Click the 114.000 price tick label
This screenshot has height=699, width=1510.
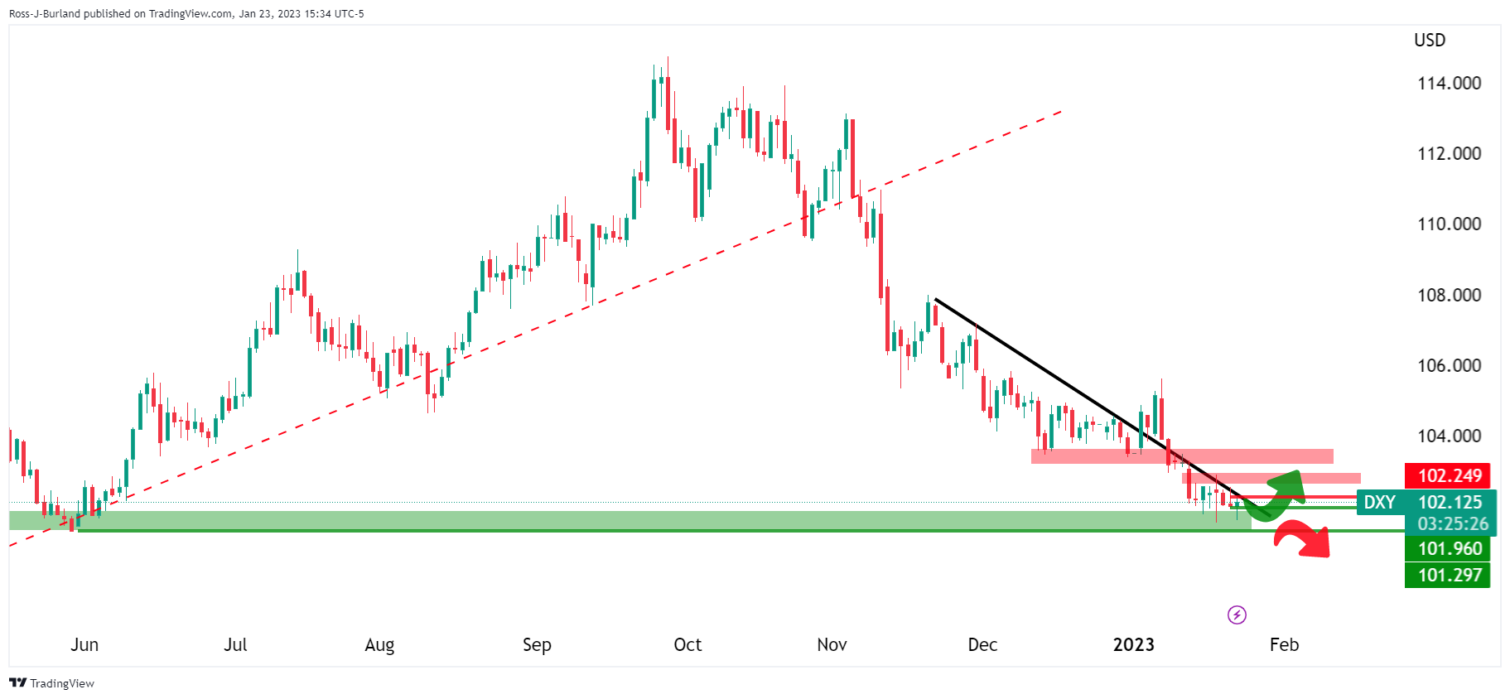1449,83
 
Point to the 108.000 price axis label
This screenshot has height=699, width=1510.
1449,295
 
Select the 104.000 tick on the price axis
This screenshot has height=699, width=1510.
1449,436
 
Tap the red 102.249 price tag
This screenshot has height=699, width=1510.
1449,475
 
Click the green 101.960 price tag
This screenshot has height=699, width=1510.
1449,548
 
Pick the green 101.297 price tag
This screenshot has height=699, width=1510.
1449,575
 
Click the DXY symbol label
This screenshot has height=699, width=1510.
1380,502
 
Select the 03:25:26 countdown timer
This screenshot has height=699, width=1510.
1452,523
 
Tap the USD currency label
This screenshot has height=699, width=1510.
1430,40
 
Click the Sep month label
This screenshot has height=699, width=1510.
537,644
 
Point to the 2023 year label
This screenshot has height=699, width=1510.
1133,644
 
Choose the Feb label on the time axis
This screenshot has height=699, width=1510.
1284,644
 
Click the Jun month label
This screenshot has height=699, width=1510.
84,644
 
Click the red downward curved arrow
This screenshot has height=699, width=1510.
1305,539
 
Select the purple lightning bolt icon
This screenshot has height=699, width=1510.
1237,615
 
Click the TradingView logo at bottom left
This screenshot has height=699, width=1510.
51,683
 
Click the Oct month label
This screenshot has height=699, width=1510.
687,644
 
